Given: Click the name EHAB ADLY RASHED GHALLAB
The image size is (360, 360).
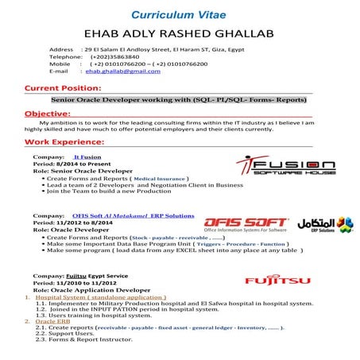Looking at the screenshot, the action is pyautogui.click(x=179, y=34).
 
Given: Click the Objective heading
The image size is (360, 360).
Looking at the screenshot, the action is pyautogui.click(x=48, y=114).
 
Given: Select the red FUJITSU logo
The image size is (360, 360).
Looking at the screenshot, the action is pyautogui.click(x=273, y=281).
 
